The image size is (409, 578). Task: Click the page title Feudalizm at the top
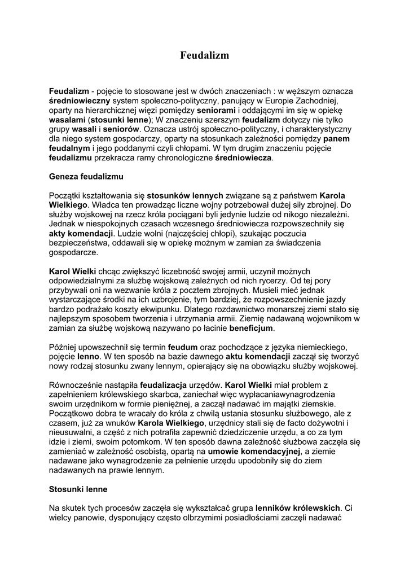(204, 55)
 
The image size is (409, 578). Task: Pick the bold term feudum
(183, 347)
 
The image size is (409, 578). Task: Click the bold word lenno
(89, 357)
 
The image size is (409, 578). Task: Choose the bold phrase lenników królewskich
(297, 507)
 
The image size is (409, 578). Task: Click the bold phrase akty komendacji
(81, 233)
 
